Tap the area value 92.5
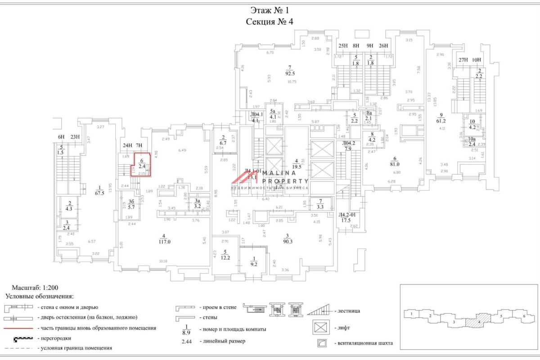(x=290, y=73)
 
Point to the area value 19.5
(x=296, y=166)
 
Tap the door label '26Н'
(x=384, y=45)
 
